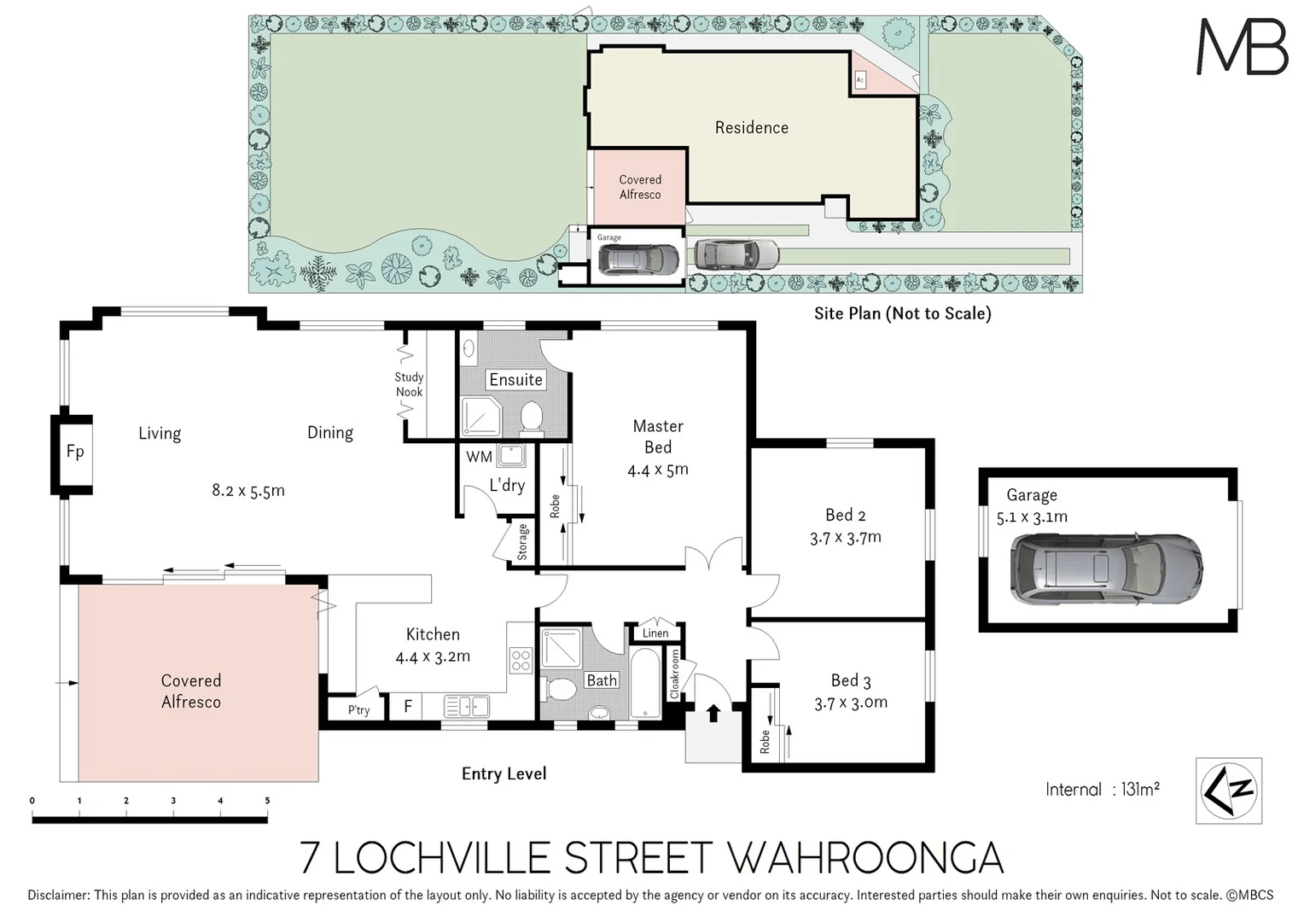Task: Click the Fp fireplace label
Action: coord(75,452)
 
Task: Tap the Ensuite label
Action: coord(515,380)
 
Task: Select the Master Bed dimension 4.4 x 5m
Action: coord(658,470)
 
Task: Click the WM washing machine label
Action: coord(479,458)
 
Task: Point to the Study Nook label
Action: coord(410,384)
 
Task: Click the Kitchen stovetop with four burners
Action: coord(521,661)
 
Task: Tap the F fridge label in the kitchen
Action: coord(408,707)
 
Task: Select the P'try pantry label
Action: coord(358,710)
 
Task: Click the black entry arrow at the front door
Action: coord(713,713)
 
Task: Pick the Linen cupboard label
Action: coord(655,633)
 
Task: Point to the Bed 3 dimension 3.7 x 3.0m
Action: coord(851,703)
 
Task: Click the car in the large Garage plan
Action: coord(1106,569)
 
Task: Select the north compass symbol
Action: coord(1228,791)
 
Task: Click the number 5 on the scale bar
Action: coord(267,801)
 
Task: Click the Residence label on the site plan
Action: coord(752,127)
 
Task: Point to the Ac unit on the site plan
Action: coord(860,79)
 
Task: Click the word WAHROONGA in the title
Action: coord(864,858)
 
